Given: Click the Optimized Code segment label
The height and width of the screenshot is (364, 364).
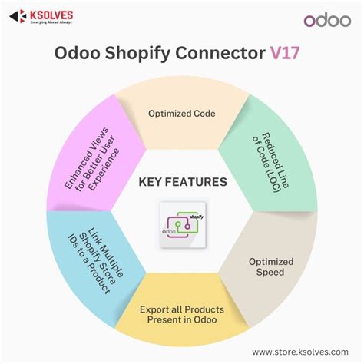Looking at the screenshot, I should pyautogui.click(x=181, y=114).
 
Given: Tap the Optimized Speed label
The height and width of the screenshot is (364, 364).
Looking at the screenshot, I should pyautogui.click(x=269, y=266).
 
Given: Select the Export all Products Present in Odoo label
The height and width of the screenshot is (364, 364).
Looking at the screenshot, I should pyautogui.click(x=181, y=315).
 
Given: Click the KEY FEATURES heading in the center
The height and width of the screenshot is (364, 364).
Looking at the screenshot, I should pyautogui.click(x=182, y=182).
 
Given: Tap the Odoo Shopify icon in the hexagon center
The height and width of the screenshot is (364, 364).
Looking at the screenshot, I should pyautogui.click(x=182, y=223).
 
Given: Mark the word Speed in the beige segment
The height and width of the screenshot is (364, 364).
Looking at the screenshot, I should pyautogui.click(x=270, y=273).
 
